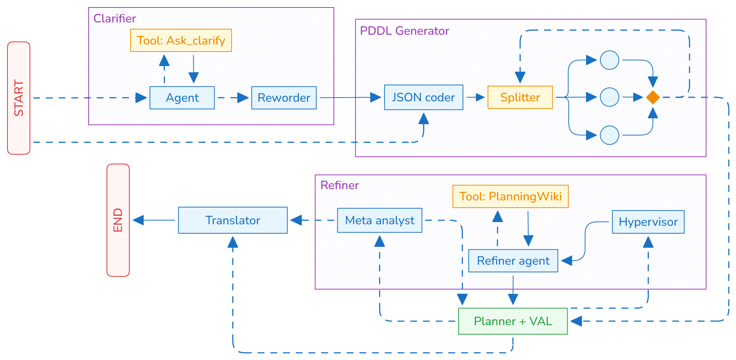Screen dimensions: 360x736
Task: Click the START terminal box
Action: [x=19, y=98]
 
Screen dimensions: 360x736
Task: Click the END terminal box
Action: [x=118, y=220]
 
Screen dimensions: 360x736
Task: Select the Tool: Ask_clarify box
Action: [x=181, y=40]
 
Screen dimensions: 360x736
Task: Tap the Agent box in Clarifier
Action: [x=182, y=98]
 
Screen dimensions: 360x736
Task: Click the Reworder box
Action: [x=284, y=98]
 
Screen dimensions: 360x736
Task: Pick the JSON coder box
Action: [x=423, y=97]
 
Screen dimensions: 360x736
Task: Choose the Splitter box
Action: [x=520, y=97]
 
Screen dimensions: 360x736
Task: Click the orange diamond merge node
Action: [x=653, y=97]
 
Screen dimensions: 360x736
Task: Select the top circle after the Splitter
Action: [x=609, y=60]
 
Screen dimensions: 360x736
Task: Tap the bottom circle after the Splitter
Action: [x=609, y=135]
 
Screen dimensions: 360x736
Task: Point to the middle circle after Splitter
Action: [x=609, y=97]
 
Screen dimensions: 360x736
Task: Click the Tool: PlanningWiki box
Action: [x=510, y=196]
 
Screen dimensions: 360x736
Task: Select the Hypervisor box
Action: [x=648, y=222]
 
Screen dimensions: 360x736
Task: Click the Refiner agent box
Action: [x=513, y=261]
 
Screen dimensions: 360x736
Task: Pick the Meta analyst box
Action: [x=380, y=220]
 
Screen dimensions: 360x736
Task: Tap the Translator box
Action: [x=233, y=220]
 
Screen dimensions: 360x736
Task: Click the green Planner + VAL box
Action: [x=513, y=321]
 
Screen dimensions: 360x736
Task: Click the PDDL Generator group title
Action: [x=404, y=31]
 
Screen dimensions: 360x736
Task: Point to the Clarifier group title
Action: [x=114, y=18]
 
